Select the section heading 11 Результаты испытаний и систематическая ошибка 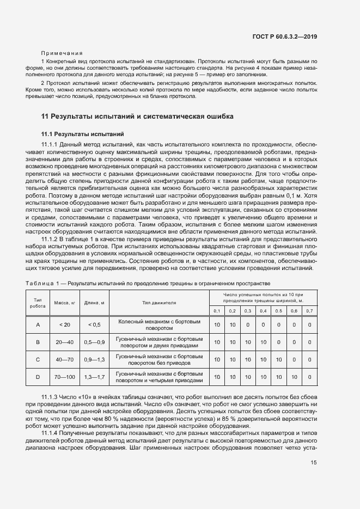click(x=138, y=116)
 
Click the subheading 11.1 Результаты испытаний click(x=83, y=133)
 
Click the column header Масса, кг click(x=65, y=302)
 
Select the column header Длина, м click(x=94, y=302)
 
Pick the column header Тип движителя click(x=159, y=302)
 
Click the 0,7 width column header click(x=309, y=310)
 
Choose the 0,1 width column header click(x=217, y=310)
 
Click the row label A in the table click(x=38, y=325)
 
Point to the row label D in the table click(x=38, y=377)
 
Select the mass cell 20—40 click(x=65, y=342)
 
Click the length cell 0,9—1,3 click(x=94, y=359)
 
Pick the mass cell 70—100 click(x=65, y=377)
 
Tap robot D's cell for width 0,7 click(x=309, y=377)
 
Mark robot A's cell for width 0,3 click(x=247, y=325)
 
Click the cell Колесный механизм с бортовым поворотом click(x=159, y=325)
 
